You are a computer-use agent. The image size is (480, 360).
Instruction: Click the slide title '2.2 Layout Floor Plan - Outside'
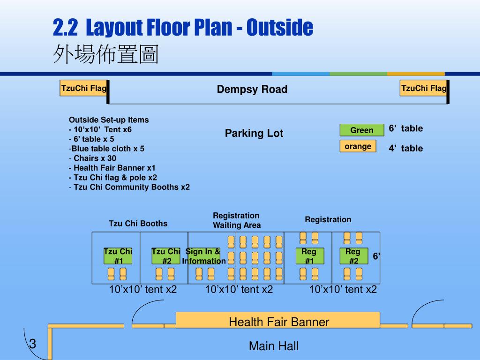[x=183, y=28]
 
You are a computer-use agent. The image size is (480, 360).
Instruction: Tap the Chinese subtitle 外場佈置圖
[x=105, y=54]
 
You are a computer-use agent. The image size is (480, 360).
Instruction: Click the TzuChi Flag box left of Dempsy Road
[x=83, y=88]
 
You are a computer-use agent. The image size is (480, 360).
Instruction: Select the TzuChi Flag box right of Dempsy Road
[x=423, y=88]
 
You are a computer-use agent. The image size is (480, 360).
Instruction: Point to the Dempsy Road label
[x=252, y=89]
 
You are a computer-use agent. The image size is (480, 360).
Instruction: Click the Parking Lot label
[x=254, y=133]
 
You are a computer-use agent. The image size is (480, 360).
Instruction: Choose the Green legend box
[x=362, y=130]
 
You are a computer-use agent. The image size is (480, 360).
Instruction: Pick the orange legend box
[x=358, y=146]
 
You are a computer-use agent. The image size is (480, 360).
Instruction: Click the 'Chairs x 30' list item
[x=92, y=158]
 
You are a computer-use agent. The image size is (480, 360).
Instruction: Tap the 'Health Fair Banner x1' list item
[x=112, y=168]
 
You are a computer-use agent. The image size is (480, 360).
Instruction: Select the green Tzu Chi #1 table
[x=118, y=256]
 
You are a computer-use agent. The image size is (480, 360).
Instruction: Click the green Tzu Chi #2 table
[x=166, y=256]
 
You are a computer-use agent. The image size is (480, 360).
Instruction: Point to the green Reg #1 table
[x=310, y=256]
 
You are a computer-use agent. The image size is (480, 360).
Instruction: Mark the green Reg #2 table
[x=354, y=256]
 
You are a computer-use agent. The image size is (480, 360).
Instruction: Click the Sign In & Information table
[x=204, y=256]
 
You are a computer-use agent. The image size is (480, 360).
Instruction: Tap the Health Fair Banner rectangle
[x=278, y=320]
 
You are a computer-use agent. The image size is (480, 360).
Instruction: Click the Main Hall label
[x=274, y=346]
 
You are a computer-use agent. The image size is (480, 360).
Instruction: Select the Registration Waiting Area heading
[x=237, y=220]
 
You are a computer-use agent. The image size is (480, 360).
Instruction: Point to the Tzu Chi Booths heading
[x=138, y=224]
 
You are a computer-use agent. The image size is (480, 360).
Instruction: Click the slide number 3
[x=33, y=344]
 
